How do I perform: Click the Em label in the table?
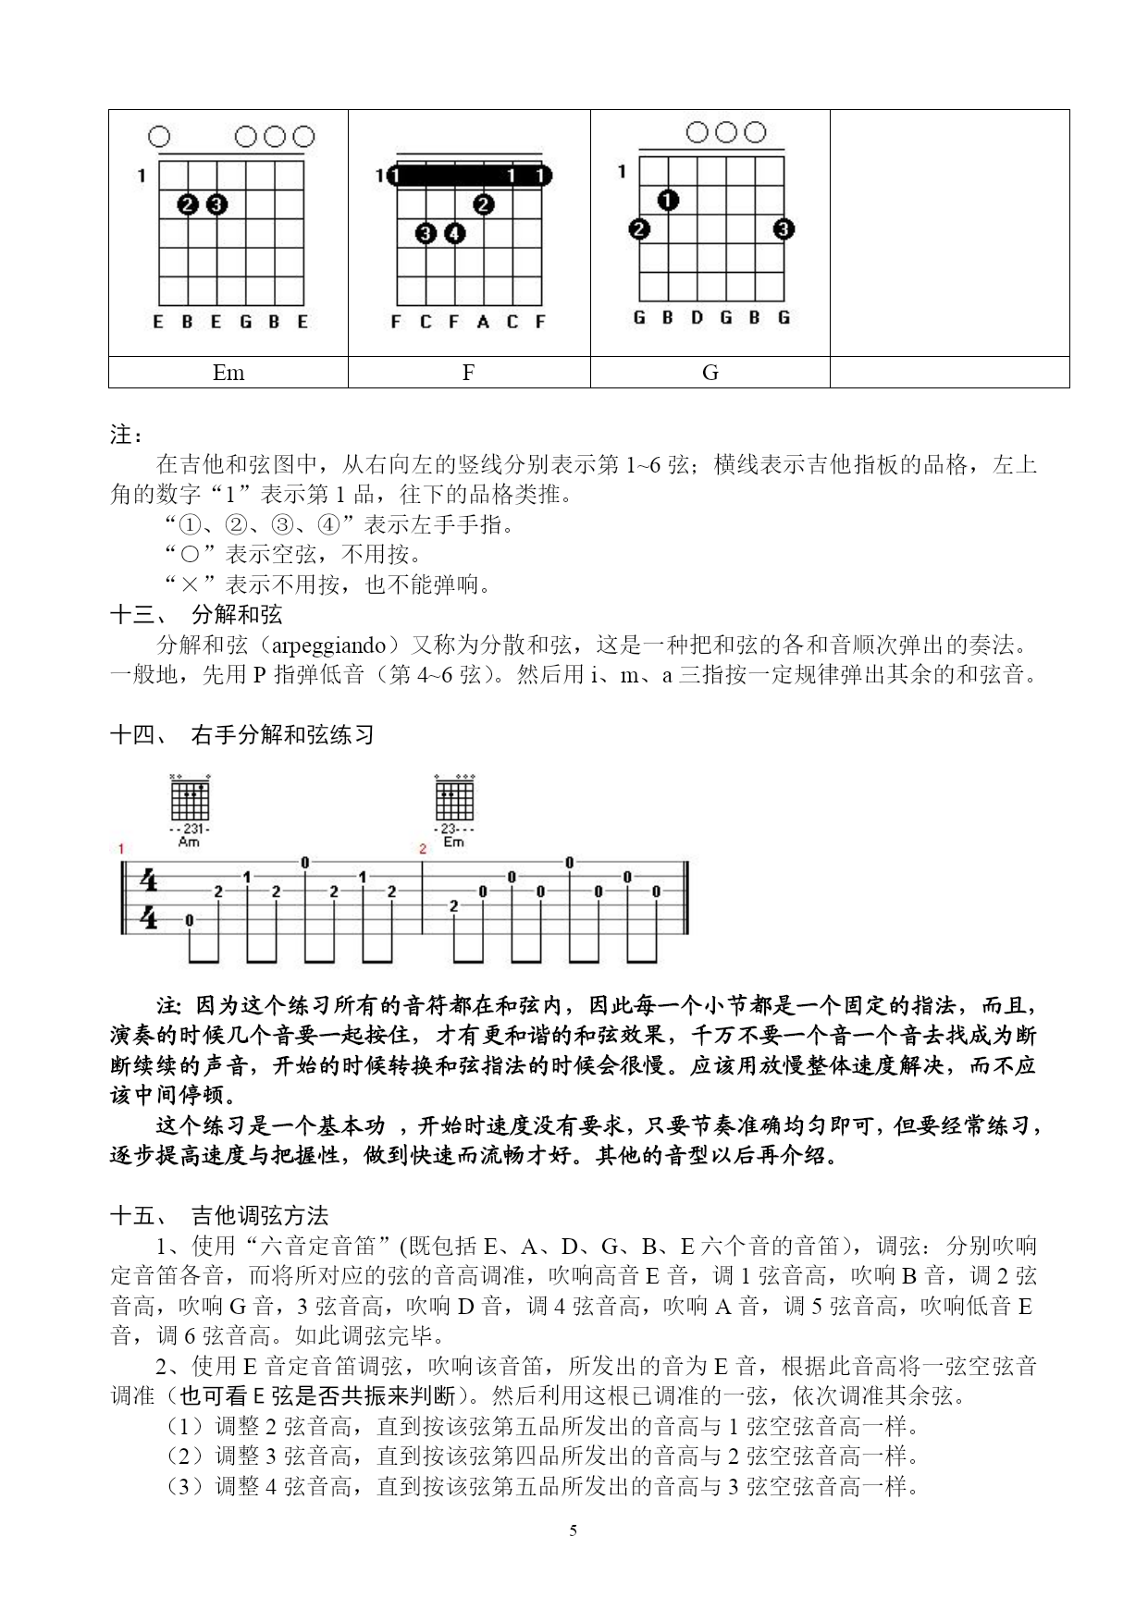coord(228,373)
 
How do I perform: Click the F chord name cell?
coord(468,373)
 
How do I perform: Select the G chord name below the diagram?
coord(710,373)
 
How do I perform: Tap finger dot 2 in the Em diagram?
coord(189,204)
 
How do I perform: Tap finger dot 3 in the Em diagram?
coord(216,204)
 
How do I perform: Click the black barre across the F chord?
coord(468,176)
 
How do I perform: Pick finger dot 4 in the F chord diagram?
coord(454,234)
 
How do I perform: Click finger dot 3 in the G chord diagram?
coord(784,228)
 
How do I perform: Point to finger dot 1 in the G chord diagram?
coord(669,200)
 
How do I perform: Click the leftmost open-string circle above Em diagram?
coord(159,138)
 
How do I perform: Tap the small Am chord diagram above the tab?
coord(190,800)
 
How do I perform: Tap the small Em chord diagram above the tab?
coord(453,800)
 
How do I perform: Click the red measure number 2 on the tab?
coord(423,848)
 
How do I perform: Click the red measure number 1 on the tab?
coord(121,848)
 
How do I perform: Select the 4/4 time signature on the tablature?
coord(148,898)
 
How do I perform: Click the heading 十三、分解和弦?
coord(196,615)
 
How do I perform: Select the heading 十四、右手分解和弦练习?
coord(242,735)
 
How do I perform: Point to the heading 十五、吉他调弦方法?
coord(219,1216)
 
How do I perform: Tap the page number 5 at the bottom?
coord(573,1530)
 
